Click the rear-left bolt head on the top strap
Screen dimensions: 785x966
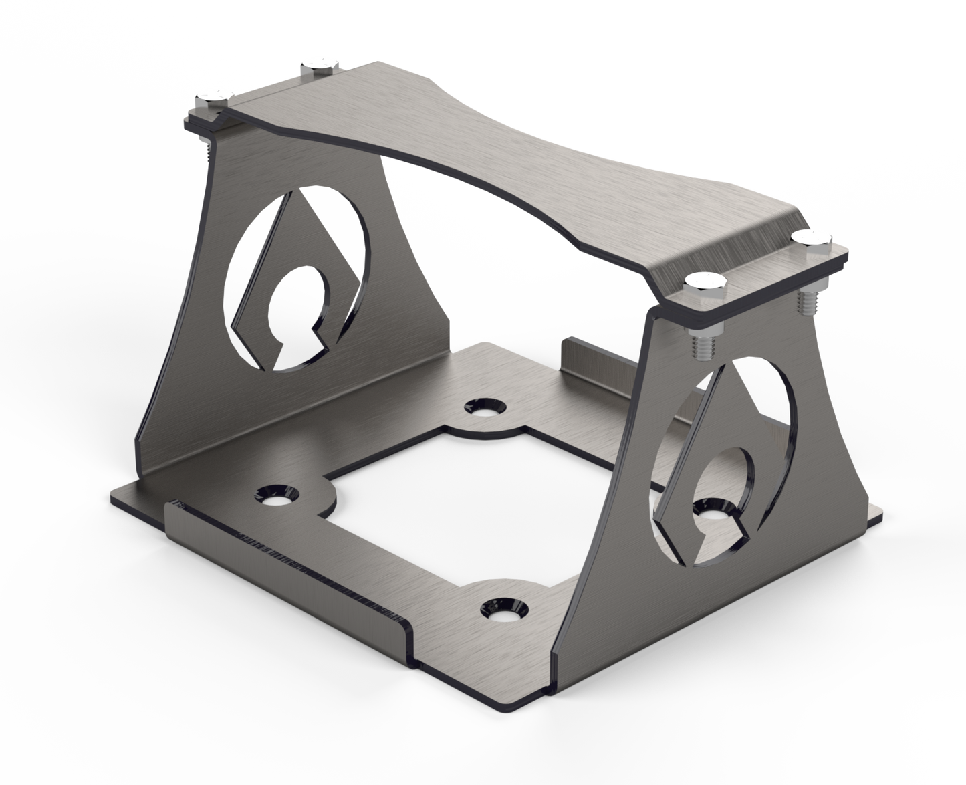(320, 66)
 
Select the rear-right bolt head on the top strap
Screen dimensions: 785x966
(812, 239)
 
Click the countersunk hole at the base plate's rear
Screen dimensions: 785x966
(481, 406)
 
